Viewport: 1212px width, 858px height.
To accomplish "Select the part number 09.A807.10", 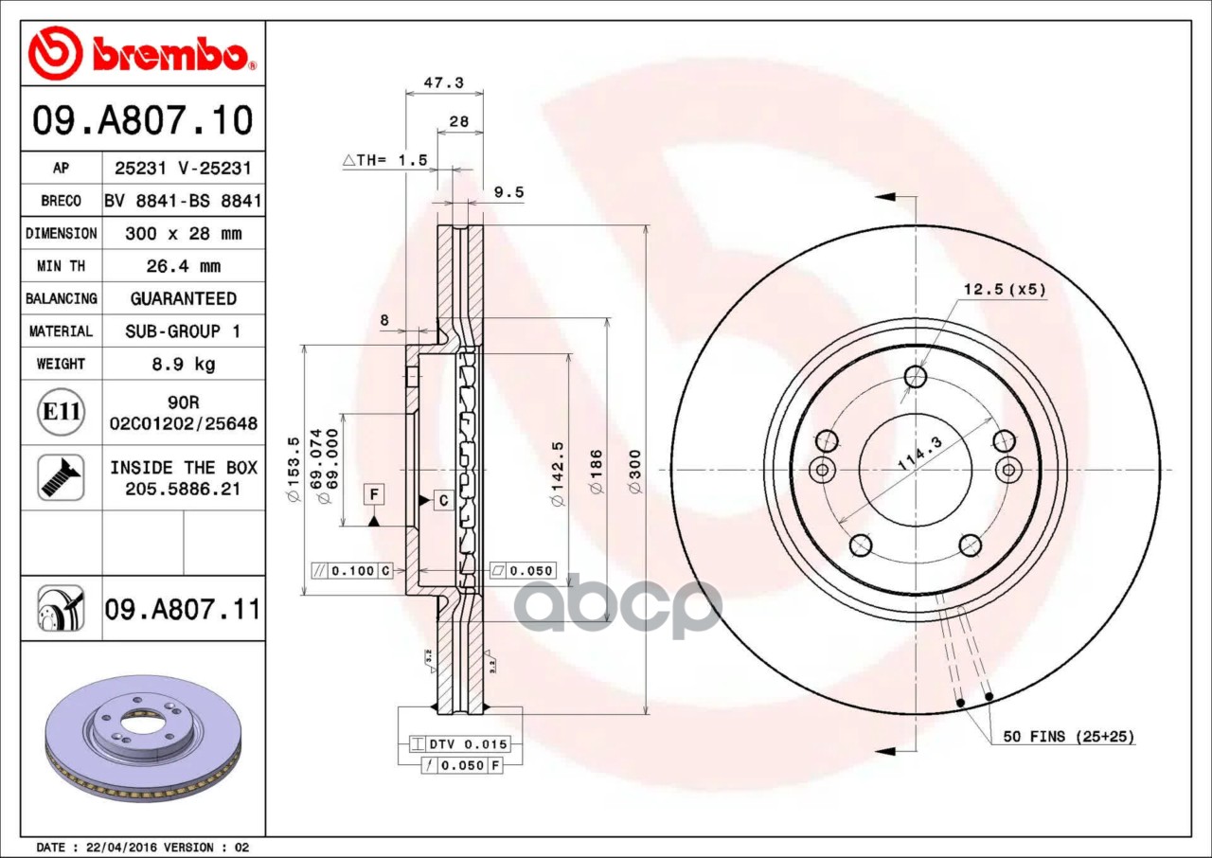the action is click(143, 120).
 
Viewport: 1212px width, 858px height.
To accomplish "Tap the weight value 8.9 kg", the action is click(184, 364).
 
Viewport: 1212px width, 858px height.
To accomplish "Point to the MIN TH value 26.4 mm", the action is click(184, 266).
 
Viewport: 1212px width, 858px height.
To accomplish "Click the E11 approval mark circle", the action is click(62, 412).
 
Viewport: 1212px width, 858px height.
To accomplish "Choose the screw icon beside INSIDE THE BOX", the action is click(62, 477).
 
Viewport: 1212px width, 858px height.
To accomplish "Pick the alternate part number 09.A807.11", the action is click(183, 609).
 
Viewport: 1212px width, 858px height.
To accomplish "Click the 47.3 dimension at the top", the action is click(444, 82).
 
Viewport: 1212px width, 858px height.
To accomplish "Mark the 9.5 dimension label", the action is click(508, 192).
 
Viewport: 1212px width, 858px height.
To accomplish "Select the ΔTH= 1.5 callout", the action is click(384, 160).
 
